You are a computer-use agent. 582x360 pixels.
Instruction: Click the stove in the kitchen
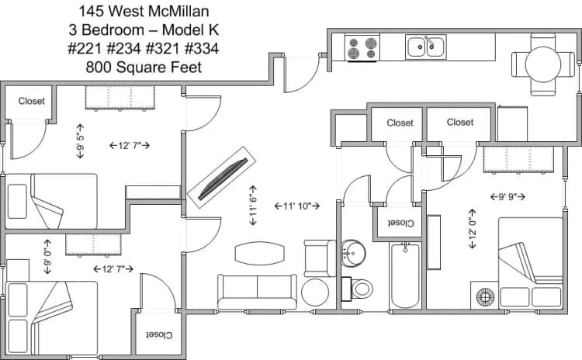point(362,48)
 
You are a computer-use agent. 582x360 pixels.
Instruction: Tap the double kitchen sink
point(426,47)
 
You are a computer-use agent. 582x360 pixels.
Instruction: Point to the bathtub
point(405,275)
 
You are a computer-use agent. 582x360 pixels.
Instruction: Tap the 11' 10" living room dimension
point(297,206)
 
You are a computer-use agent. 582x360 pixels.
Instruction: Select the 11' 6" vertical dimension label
point(253,206)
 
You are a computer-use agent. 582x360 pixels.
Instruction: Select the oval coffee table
point(257,253)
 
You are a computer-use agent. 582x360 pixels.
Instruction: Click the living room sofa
point(257,292)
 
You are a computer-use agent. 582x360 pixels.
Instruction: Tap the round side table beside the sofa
point(316,292)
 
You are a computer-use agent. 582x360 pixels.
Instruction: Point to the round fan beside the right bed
point(485,296)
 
